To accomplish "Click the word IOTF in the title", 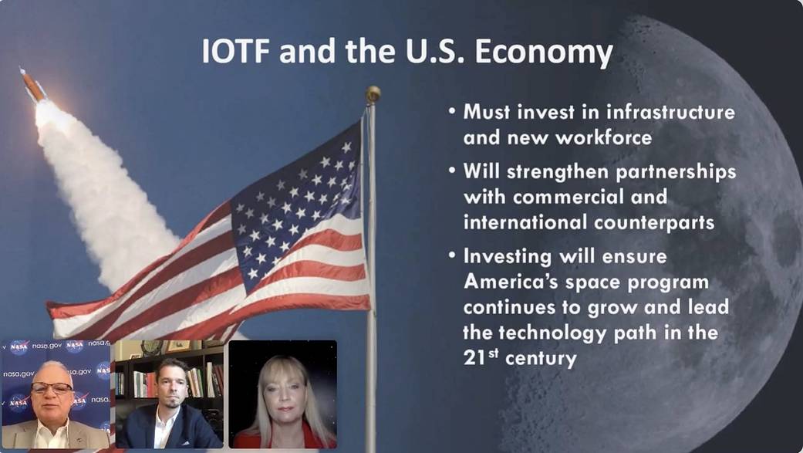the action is [235, 51].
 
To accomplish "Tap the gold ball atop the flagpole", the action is [373, 94].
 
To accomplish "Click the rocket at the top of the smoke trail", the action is [32, 84].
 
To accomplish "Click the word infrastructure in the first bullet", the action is [646, 112].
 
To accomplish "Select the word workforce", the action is [603, 137].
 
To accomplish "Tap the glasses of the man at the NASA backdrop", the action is [52, 388].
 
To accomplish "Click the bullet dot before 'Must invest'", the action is [452, 110].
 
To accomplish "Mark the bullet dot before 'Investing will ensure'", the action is [452, 255].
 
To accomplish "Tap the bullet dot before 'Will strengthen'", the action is [452, 170].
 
